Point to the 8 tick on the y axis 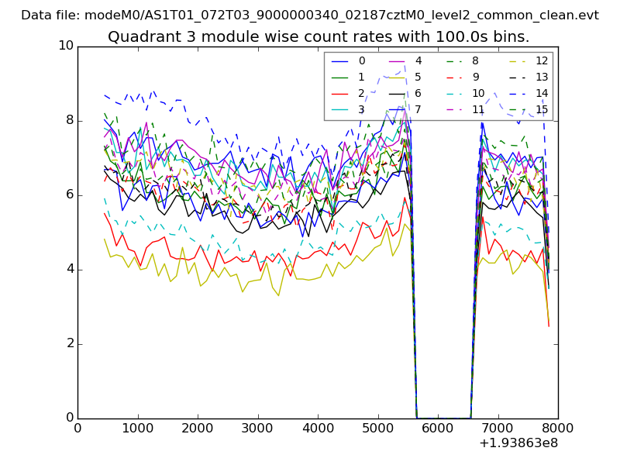(x=68, y=120)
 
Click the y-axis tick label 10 (x=65, y=46)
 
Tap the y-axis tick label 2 (x=68, y=343)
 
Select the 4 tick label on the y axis (x=68, y=269)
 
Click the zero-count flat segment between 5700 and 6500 (x=443, y=417)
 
